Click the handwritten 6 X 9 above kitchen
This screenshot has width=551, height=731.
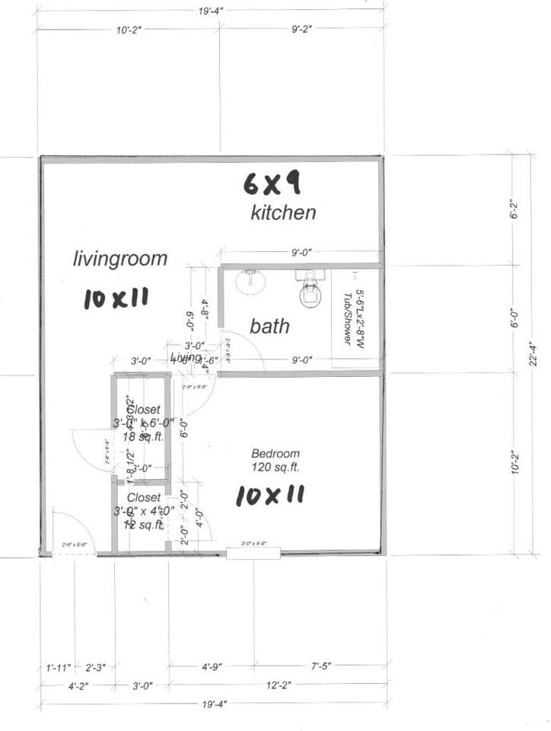tap(272, 183)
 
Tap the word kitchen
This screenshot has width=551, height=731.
tap(283, 212)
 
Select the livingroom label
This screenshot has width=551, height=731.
tap(119, 259)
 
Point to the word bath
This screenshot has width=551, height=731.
tap(269, 327)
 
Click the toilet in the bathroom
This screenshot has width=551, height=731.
tap(311, 290)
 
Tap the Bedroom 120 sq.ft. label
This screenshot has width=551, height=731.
tap(275, 460)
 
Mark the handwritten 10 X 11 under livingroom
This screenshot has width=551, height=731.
tap(115, 298)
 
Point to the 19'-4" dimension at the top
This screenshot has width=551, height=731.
tap(211, 11)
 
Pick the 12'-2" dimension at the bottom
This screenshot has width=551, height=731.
tap(277, 685)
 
